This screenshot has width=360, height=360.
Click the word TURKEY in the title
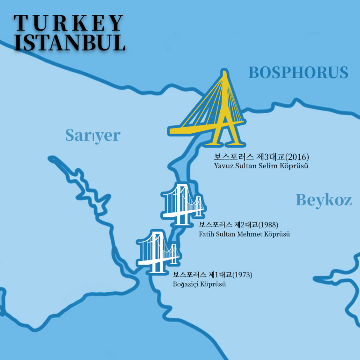(69, 23)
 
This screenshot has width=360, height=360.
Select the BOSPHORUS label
(298, 72)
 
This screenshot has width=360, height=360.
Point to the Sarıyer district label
(93, 136)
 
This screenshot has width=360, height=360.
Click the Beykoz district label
(324, 200)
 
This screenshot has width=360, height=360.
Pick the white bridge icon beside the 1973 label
(158, 251)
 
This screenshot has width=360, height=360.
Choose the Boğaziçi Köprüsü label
(200, 284)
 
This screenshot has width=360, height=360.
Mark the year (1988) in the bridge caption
(268, 225)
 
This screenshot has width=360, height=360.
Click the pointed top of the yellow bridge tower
(226, 72)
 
